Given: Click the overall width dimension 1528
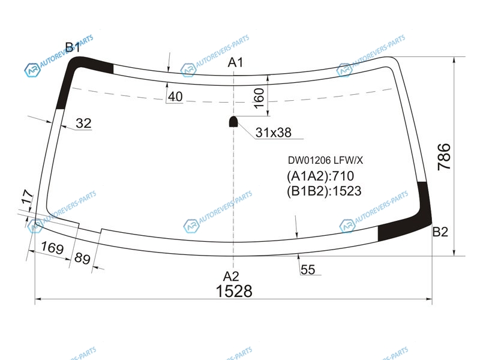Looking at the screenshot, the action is pyautogui.click(x=234, y=291).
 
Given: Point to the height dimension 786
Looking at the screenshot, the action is pyautogui.click(x=444, y=157).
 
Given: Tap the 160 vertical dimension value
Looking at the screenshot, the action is pyautogui.click(x=259, y=98).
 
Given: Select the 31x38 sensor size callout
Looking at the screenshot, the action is pyautogui.click(x=274, y=133).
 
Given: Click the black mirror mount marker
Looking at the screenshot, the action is pyautogui.click(x=233, y=122).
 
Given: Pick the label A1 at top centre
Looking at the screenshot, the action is pyautogui.click(x=235, y=62).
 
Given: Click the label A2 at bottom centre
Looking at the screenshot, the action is pyautogui.click(x=231, y=276).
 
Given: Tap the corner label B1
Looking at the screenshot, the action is pyautogui.click(x=73, y=47).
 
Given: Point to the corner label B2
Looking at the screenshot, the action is pyautogui.click(x=440, y=232).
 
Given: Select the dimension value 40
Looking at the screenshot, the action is pyautogui.click(x=175, y=97).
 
